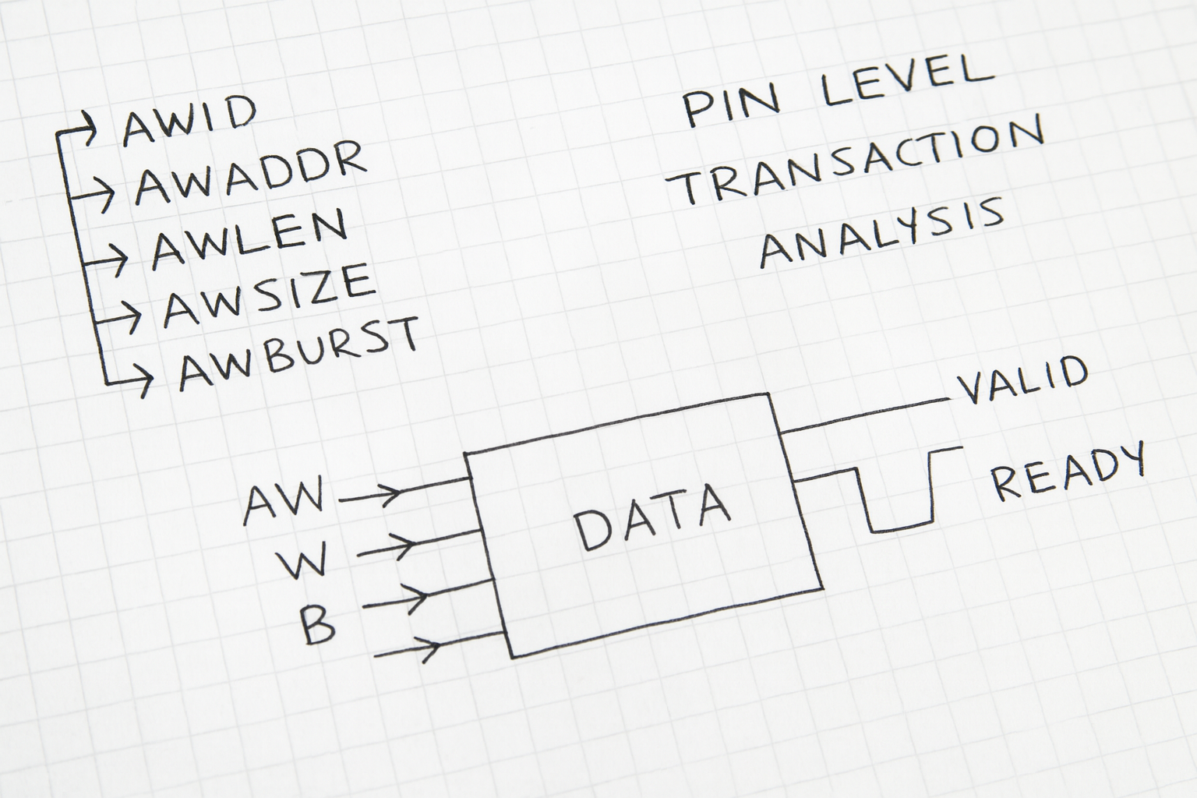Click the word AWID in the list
(x=189, y=122)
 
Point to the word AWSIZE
(x=270, y=295)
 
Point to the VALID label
(x=1022, y=380)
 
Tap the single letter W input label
(x=299, y=562)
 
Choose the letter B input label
(x=318, y=625)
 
